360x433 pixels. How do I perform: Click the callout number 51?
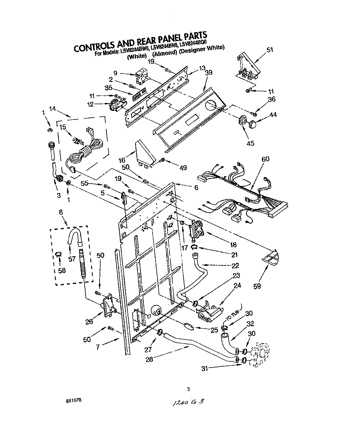[x=270, y=50]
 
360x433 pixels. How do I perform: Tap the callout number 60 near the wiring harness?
[x=265, y=159]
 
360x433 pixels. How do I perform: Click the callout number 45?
[x=250, y=143]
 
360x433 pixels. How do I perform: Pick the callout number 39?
[x=209, y=73]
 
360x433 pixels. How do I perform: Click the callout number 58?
[x=62, y=270]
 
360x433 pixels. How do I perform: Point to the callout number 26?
[x=89, y=322]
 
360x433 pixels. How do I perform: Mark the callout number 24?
[x=237, y=285]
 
